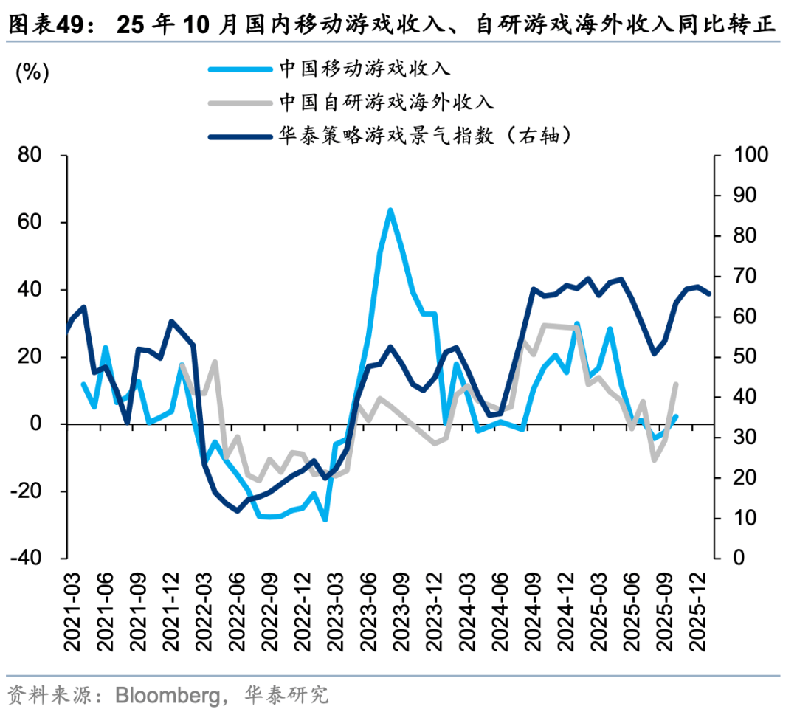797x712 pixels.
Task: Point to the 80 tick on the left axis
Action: coord(32,156)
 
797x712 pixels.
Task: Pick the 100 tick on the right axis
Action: coord(750,156)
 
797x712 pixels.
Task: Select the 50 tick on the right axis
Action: coord(742,357)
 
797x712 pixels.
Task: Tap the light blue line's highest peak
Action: coord(390,210)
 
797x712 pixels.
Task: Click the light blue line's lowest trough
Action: coord(325,520)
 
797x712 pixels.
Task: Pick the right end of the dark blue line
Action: coord(709,294)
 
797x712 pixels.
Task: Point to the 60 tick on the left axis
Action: coord(32,223)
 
